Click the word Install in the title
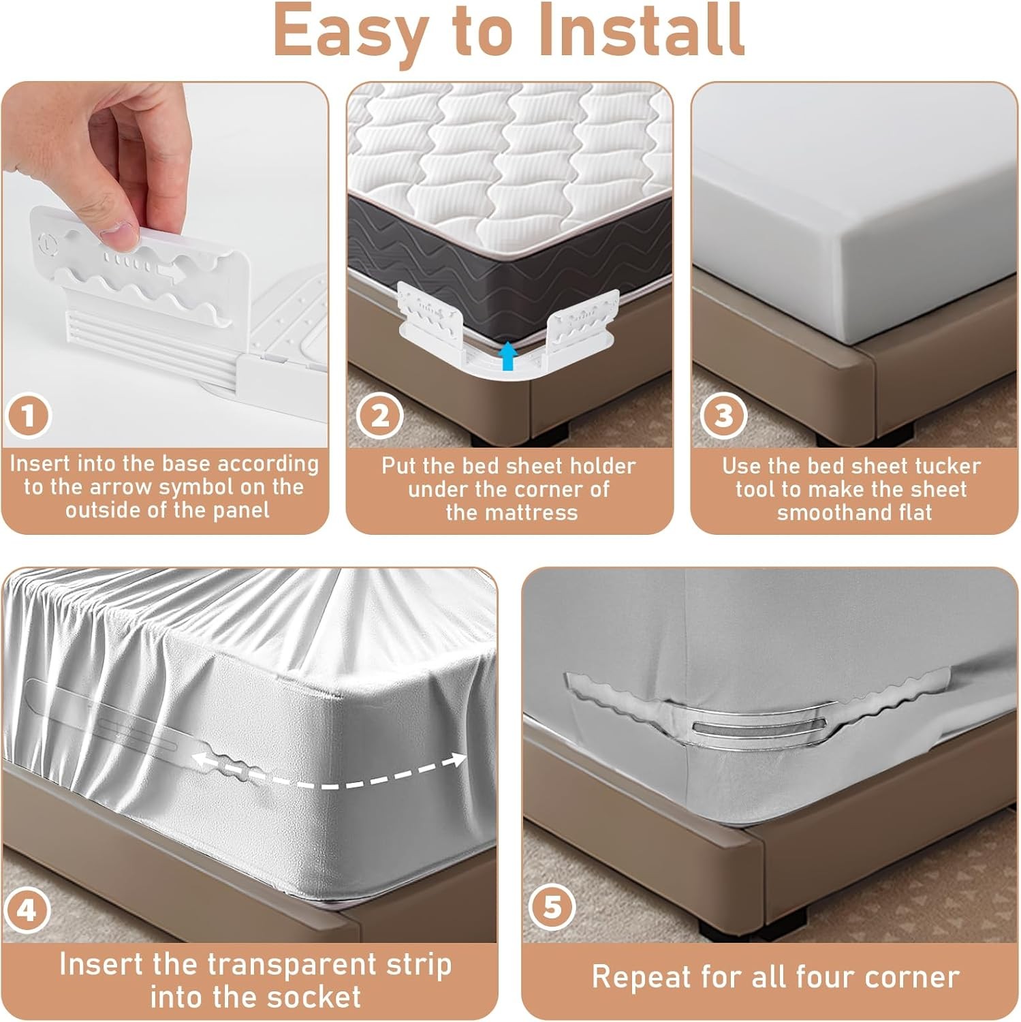click(x=641, y=31)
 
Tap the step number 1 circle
click(x=28, y=416)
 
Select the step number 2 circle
click(x=381, y=416)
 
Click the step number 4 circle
click(x=27, y=910)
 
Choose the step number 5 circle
click(x=552, y=908)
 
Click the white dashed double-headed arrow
click(x=329, y=769)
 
